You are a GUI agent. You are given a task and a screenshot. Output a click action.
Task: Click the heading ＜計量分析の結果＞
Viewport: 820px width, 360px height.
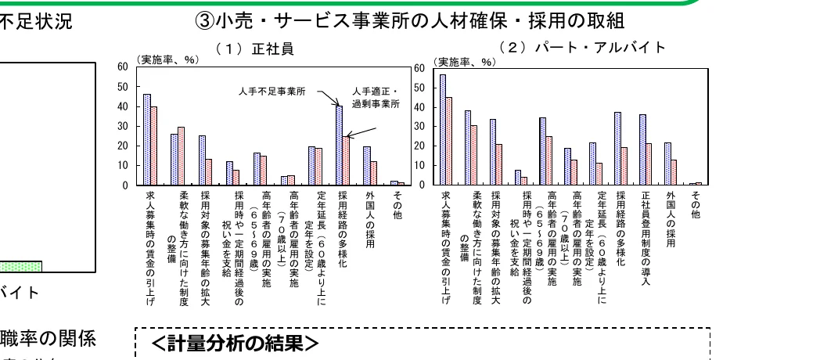coord(235,344)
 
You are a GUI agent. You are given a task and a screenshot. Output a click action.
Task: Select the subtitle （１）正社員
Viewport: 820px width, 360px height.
coord(254,49)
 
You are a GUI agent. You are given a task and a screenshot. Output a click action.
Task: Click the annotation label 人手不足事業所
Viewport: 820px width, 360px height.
coord(272,92)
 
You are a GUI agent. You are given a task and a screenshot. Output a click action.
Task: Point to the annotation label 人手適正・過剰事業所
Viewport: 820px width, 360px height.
coord(376,97)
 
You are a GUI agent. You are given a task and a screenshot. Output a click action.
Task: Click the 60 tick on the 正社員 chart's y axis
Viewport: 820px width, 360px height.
coord(122,67)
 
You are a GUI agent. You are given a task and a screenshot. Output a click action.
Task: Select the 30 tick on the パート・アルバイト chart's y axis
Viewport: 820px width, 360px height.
coord(419,127)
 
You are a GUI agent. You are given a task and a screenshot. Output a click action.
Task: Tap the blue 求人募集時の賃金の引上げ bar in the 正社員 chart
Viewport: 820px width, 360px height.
coord(146,139)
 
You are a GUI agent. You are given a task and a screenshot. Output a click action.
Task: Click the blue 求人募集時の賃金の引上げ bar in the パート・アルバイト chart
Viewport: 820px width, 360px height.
coord(443,130)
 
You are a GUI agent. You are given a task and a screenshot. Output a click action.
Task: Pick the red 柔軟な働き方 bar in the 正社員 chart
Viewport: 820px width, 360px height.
coord(182,156)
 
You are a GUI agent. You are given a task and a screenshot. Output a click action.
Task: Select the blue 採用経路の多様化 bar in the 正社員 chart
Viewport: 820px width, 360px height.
coord(339,146)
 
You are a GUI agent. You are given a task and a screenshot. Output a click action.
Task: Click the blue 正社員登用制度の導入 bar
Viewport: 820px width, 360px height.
coord(642,149)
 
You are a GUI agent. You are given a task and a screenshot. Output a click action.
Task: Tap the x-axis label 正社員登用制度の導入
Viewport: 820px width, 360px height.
coord(646,226)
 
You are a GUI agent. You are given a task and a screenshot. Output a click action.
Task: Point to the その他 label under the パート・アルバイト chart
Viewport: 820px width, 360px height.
coord(696,203)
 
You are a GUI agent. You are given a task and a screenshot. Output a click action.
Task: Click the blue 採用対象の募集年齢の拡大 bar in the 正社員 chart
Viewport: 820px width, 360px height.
coord(202,160)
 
